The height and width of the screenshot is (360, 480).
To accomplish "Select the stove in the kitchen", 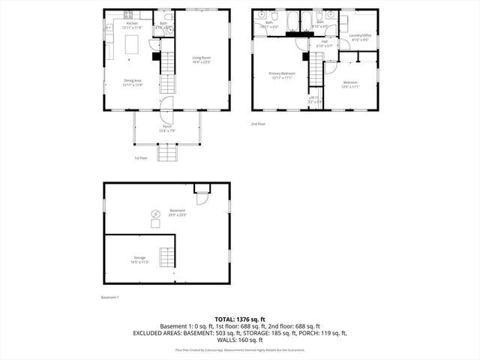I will pyautogui.click(x=127, y=13).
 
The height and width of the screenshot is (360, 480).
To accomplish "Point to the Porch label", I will pyautogui.click(x=166, y=128).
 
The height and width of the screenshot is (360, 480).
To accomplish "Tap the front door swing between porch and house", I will pyautogui.click(x=166, y=104).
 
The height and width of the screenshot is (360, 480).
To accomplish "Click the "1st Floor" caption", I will pyautogui.click(x=141, y=158).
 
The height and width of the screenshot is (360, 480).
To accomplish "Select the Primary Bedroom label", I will pyautogui.click(x=283, y=75).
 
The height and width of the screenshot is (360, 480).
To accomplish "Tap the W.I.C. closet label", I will pyautogui.click(x=314, y=99).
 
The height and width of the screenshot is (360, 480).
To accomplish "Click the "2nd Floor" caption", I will pyautogui.click(x=259, y=124).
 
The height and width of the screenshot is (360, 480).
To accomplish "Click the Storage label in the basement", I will pyautogui.click(x=141, y=259).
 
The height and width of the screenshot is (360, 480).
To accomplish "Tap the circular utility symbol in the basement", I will pyautogui.click(x=155, y=213).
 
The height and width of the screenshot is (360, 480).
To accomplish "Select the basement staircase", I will pyautogui.click(x=166, y=256).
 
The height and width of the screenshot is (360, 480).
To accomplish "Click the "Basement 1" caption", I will pyautogui.click(x=110, y=298).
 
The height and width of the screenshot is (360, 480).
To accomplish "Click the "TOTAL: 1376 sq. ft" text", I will pyautogui.click(x=240, y=319).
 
